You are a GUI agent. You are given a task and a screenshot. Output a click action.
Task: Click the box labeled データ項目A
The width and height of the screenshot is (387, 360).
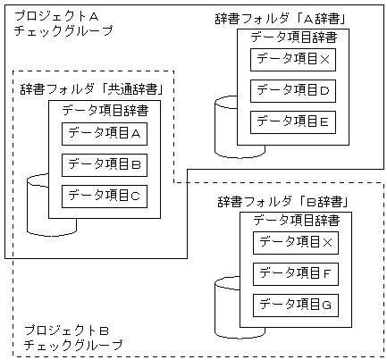[x=104, y=134]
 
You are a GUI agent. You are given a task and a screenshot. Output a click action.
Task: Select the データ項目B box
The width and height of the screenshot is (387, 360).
[x=104, y=164]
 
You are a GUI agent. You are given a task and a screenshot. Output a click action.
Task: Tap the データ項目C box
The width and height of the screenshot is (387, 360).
[x=104, y=195]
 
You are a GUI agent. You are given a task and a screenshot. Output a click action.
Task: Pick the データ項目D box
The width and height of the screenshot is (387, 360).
[x=293, y=90]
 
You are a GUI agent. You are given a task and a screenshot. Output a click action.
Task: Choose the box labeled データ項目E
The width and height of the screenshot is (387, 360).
[x=293, y=121]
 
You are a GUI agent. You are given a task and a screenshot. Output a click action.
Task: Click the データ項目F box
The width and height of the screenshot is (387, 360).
[x=295, y=273]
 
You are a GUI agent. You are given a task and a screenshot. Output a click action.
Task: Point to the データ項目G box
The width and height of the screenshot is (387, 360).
[x=295, y=305]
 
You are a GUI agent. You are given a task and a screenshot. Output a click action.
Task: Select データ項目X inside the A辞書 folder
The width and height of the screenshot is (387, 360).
[x=293, y=60]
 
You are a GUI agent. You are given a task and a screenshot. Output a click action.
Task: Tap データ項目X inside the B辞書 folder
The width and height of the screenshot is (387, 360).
[x=295, y=243]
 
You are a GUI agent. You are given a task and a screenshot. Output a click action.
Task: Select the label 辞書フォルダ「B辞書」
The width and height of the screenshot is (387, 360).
[x=282, y=201]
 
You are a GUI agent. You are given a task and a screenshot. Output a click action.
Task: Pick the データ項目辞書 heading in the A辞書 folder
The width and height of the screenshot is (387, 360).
[x=293, y=37]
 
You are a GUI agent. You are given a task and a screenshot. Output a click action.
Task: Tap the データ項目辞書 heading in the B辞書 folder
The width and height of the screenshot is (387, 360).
[x=296, y=220]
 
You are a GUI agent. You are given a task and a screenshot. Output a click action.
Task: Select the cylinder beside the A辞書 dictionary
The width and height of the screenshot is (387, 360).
[x=225, y=125]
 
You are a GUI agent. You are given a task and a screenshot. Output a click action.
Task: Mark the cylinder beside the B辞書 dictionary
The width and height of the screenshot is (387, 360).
[x=227, y=308]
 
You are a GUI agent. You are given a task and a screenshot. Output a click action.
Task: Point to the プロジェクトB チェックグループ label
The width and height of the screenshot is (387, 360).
[x=72, y=337]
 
